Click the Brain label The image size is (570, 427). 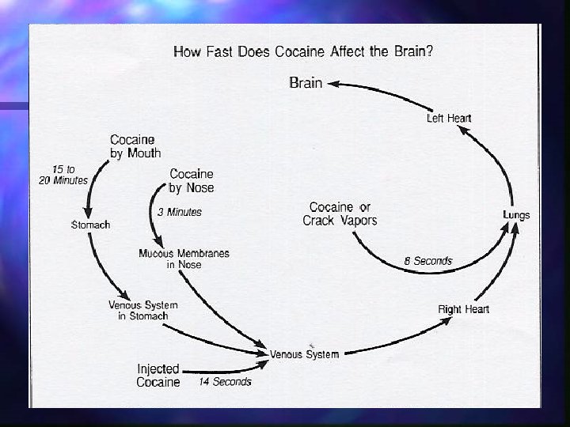point(306,82)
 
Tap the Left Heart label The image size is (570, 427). point(449,119)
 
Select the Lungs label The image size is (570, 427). point(516,215)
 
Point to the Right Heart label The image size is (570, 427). point(463,309)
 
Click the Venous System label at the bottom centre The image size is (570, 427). point(304,354)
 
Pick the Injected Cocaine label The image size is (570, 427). point(158,376)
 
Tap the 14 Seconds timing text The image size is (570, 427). point(225,382)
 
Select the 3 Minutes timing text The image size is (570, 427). point(180,212)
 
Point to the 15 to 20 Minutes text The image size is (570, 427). point(64,175)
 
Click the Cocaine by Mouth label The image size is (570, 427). point(135,147)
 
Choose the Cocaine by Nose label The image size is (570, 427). point(192,181)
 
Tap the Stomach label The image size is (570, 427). point(91,225)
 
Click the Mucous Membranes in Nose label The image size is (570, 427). point(184,259)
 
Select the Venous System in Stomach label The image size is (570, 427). point(143,310)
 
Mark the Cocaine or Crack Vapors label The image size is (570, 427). point(340,213)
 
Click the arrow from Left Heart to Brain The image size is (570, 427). point(380,92)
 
